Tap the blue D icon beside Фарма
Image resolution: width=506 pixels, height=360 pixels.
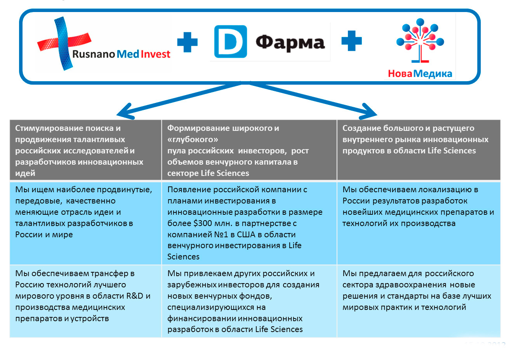pos(230,42)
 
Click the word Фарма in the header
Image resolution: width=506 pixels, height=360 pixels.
pos(290,42)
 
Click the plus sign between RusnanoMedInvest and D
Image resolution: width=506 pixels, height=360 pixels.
pos(187,42)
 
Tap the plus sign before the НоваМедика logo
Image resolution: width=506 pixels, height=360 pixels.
pos(351,41)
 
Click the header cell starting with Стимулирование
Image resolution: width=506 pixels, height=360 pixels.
pos(85,150)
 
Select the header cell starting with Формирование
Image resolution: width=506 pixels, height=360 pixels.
pos(249,150)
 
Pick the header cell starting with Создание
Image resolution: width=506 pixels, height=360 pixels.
pos(418,150)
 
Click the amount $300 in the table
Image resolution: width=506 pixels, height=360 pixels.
pos(203,223)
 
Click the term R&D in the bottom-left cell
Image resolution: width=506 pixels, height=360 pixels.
pos(135,296)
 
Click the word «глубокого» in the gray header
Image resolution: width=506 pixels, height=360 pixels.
pos(193,139)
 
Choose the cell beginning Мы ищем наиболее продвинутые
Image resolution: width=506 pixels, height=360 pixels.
pos(85,223)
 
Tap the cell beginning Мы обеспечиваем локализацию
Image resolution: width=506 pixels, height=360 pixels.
pos(418,223)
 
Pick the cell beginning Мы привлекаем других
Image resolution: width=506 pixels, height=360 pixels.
pos(249,301)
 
